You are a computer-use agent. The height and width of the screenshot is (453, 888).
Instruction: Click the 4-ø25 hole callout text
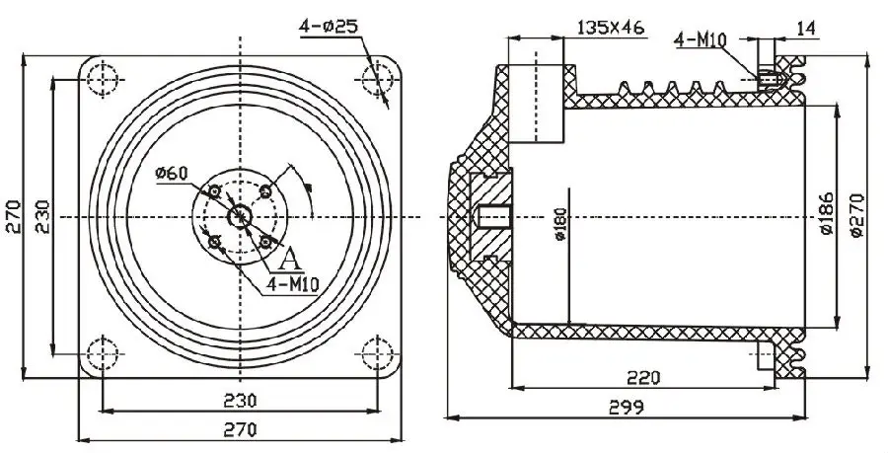pos(329,26)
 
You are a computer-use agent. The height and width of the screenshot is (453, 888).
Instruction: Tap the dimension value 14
pos(806,29)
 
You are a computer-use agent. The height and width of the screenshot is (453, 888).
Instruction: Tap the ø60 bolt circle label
pos(171,175)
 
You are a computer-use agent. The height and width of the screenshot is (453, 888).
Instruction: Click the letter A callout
pos(290,260)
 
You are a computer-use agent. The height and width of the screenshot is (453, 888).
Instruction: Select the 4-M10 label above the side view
pos(701,40)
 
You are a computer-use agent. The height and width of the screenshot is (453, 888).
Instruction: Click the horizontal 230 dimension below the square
pos(239,400)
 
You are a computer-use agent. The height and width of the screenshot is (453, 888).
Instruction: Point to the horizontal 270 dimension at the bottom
pos(239,429)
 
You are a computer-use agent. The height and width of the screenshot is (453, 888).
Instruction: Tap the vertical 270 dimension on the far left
pos(12,215)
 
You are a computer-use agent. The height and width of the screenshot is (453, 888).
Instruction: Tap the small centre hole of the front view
pos(239,215)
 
